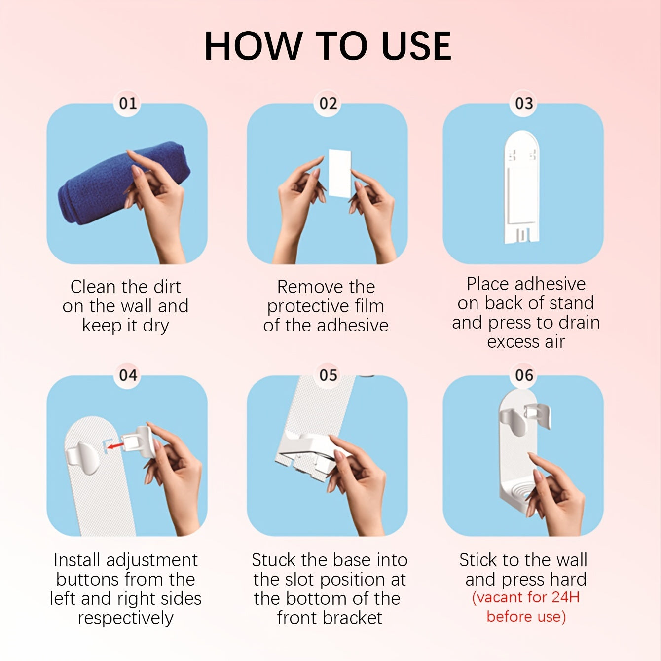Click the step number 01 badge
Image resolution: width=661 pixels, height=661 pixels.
[128, 103]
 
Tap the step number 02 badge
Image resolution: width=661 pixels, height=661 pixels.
[328, 103]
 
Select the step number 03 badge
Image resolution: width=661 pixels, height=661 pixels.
[523, 103]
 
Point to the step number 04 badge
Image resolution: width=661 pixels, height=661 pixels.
[128, 375]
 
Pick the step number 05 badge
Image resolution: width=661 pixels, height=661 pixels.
[328, 375]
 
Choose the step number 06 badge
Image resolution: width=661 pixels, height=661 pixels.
[523, 375]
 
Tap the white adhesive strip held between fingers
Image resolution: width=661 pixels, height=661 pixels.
[339, 174]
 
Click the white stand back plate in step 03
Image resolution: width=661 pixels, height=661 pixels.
[521, 187]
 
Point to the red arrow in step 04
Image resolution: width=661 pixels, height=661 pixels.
[115, 445]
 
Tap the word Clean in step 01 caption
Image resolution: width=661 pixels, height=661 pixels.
[92, 287]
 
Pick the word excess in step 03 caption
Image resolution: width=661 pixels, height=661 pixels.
[511, 342]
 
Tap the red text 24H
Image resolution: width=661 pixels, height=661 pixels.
[565, 597]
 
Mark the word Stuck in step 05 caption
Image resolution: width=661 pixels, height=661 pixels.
[273, 560]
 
